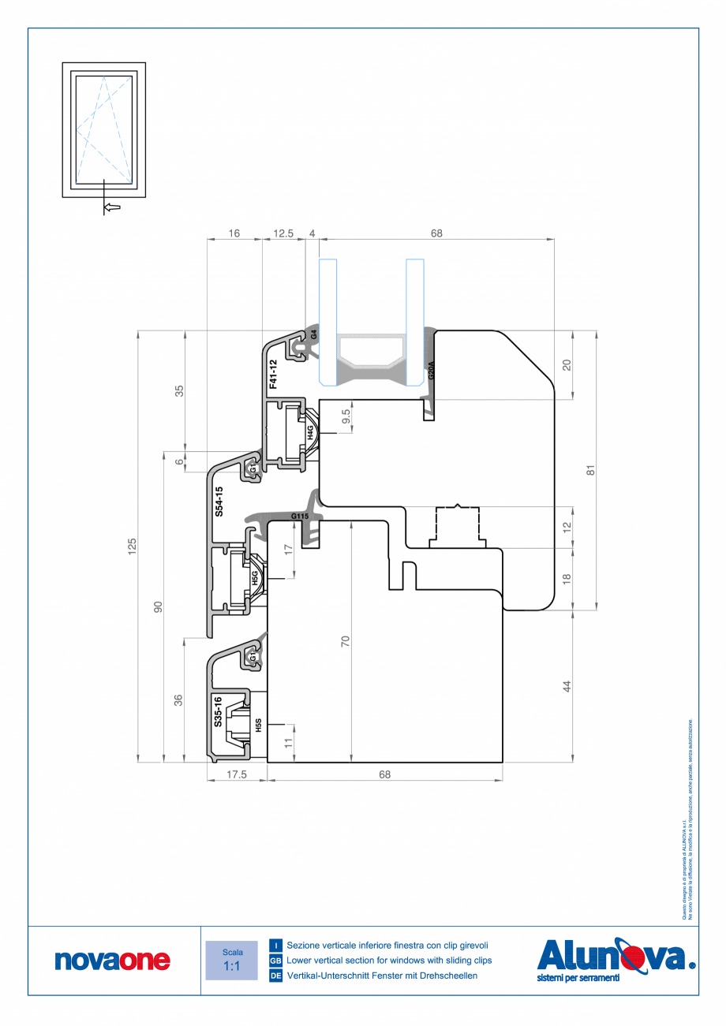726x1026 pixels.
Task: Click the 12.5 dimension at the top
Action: click(x=283, y=233)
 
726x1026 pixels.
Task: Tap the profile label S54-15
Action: click(x=219, y=502)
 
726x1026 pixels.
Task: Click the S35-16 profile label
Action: click(x=219, y=711)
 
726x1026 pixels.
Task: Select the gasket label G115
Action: click(x=300, y=517)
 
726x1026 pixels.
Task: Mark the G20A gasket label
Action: click(x=431, y=371)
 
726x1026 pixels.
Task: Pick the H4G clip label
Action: click(x=311, y=431)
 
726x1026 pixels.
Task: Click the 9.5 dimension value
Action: click(x=346, y=416)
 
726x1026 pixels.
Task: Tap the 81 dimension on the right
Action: click(x=589, y=470)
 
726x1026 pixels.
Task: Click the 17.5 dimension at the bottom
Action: click(x=237, y=774)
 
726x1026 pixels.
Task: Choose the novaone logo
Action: click(x=113, y=960)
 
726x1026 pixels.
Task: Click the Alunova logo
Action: click(x=616, y=958)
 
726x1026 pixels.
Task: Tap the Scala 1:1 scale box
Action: click(x=232, y=960)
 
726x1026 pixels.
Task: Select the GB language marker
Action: click(x=276, y=961)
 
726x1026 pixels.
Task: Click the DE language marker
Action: click(x=276, y=976)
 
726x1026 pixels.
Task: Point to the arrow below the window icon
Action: click(x=112, y=207)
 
